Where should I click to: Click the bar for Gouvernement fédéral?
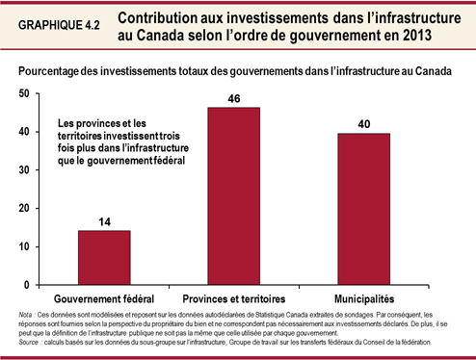(103, 258)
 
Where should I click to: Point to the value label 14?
(103, 222)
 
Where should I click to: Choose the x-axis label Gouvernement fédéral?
(103, 298)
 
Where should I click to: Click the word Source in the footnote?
(28, 342)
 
